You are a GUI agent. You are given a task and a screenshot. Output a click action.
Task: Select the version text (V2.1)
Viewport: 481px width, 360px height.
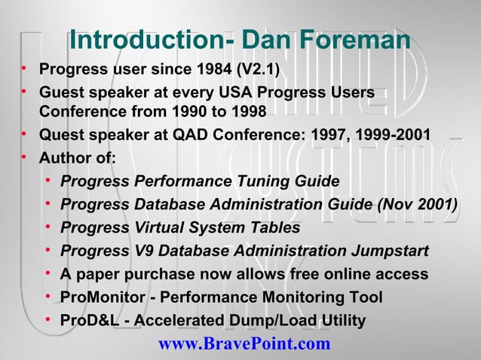[258, 72]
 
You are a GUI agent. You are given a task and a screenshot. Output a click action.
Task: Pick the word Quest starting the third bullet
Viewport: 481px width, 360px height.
[60, 136]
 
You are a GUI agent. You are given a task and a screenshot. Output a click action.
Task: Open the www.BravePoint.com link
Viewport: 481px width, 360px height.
[244, 344]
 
